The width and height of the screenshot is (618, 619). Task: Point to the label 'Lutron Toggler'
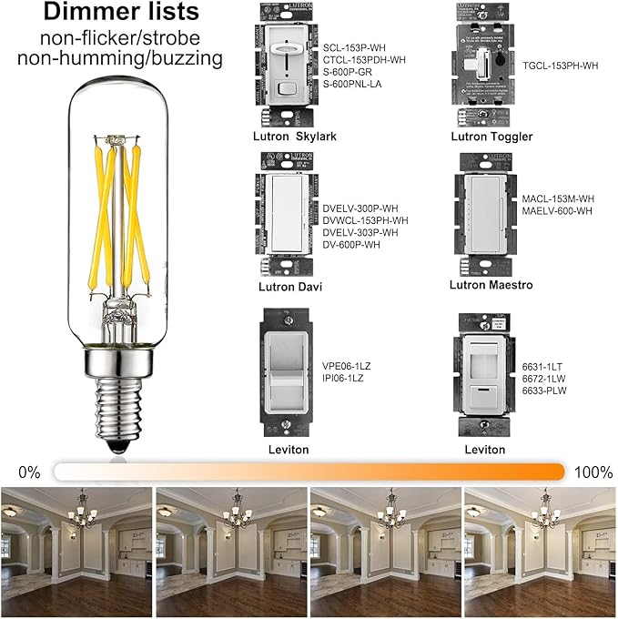[491, 137]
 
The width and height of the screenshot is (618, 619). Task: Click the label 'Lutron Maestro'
[491, 285]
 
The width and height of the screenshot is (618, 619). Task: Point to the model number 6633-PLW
[546, 390]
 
